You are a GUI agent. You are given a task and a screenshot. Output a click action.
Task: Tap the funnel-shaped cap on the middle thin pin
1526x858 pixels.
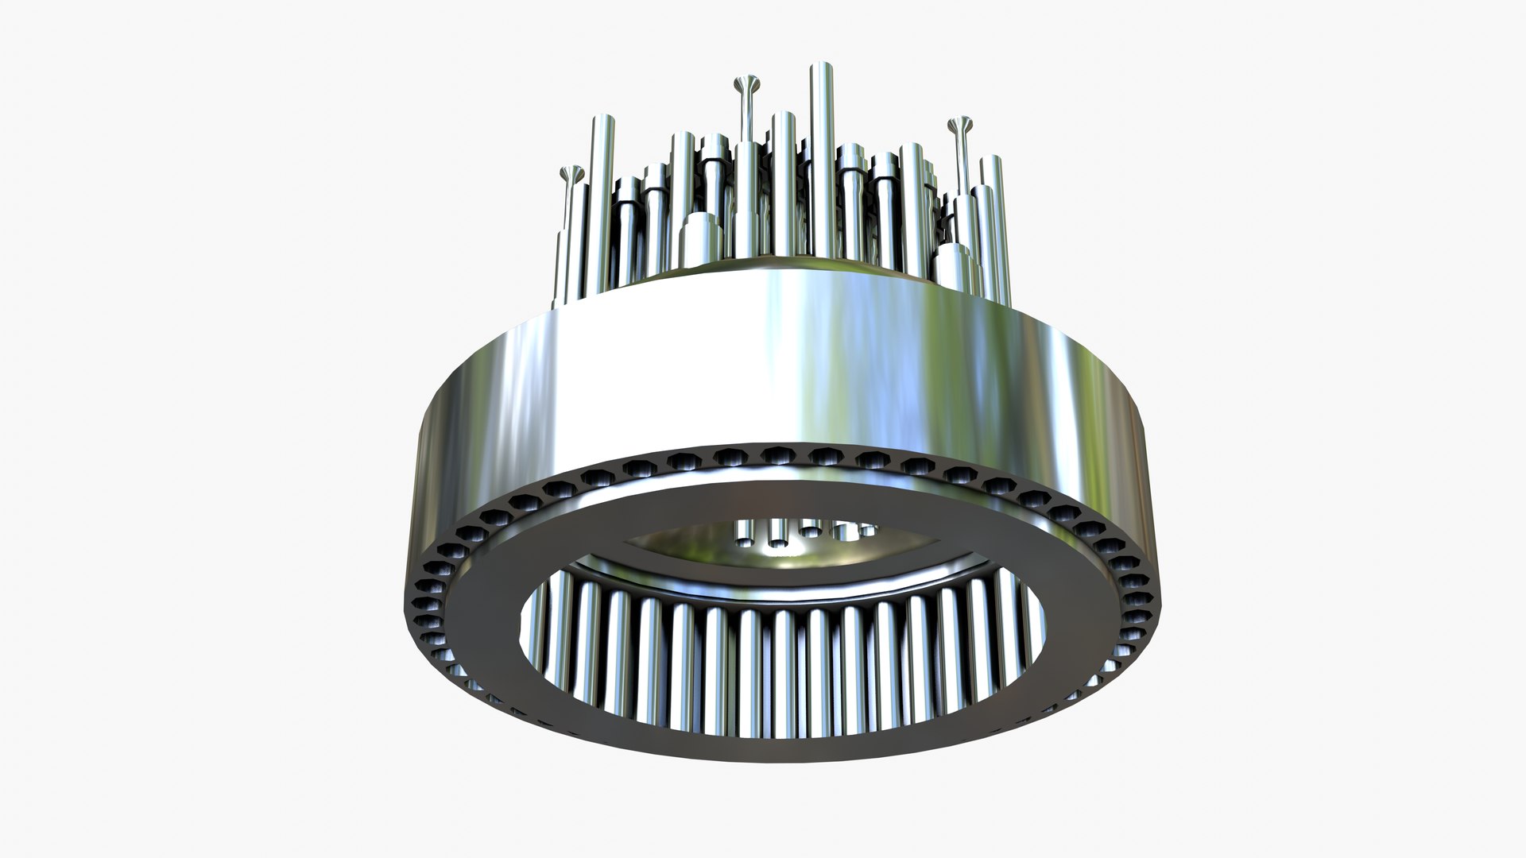click(x=746, y=83)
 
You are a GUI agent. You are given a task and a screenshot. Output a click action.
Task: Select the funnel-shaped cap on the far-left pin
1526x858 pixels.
click(x=571, y=172)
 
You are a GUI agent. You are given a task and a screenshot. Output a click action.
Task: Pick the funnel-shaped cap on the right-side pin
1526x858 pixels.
click(x=962, y=124)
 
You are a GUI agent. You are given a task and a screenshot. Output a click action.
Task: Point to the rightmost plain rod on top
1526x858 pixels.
click(x=990, y=207)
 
